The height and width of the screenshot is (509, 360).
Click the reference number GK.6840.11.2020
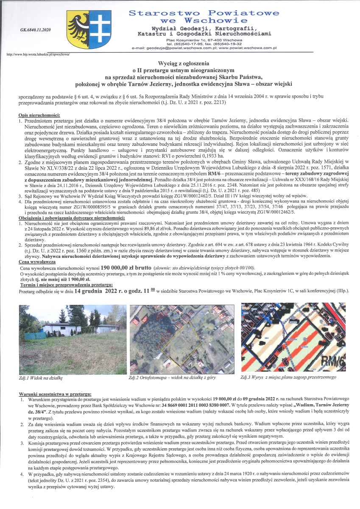(35, 30)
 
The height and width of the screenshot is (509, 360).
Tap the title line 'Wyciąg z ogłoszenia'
(180, 63)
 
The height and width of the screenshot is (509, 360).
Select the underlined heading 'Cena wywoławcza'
(35, 262)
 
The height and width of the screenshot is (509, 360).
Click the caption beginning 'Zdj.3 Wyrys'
(288, 377)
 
